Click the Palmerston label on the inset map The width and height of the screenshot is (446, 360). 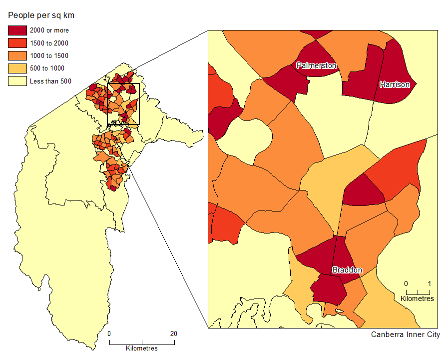317,65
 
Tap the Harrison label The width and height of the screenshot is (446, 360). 395,84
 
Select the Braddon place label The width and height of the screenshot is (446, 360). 347,270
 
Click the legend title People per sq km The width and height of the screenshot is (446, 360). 41,15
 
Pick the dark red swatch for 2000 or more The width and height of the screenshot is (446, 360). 17,30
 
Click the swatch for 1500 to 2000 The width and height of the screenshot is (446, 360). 17,43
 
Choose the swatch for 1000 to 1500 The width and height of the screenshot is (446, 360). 17,55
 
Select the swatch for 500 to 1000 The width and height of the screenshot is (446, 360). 17,68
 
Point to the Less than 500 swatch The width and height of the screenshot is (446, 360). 17,80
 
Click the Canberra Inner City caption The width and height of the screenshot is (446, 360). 405,334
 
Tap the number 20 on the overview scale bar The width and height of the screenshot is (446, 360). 173,334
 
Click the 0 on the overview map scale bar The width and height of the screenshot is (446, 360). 109,334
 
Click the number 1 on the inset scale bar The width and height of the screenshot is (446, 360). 430,283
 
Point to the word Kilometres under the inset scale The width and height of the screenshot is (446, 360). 418,298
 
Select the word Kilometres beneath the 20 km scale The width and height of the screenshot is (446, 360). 142,348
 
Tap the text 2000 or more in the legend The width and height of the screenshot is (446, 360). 49,30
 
